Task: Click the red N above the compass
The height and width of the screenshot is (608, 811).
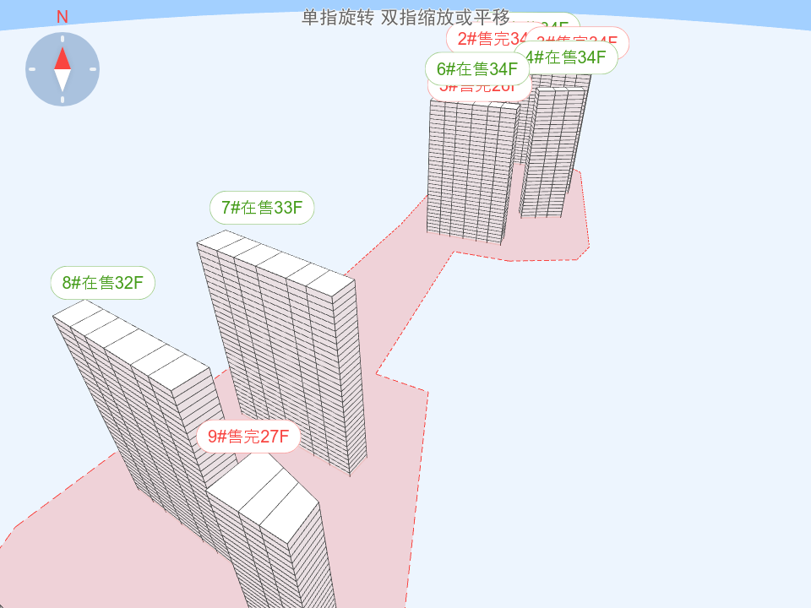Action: coord(63,17)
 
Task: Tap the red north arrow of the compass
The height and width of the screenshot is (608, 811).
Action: coord(63,58)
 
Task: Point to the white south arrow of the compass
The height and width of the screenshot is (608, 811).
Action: coord(63,80)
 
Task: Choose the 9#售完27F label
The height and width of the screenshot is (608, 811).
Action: coord(249,437)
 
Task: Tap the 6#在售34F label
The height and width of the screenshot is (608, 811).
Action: coord(477,69)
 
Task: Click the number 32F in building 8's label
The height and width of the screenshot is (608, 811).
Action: coord(129,283)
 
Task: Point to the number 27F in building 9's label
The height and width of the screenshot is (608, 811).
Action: coord(275,437)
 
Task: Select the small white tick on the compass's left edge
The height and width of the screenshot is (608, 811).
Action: coord(32,69)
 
